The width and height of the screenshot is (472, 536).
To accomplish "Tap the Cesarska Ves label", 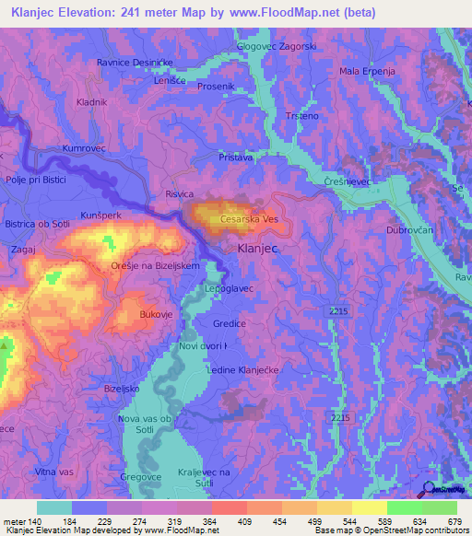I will [x=250, y=220].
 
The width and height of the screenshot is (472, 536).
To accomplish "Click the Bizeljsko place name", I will [x=121, y=389].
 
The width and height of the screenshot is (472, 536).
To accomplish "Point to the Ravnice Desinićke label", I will [x=135, y=62].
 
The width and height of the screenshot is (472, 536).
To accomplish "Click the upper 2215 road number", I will [x=339, y=313].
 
